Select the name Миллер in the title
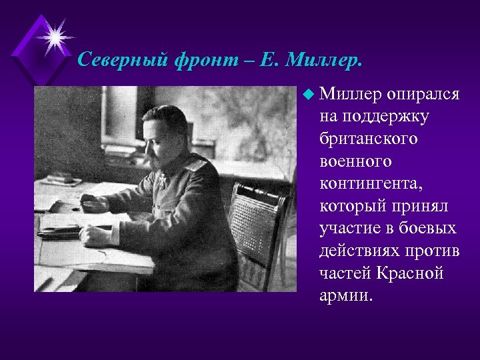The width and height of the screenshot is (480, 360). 323,61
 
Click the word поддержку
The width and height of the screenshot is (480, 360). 384,117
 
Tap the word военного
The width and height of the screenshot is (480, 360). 355,161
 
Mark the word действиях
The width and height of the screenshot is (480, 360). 358,251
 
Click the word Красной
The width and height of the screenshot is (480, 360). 413,273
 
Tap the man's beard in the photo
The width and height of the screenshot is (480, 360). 157,157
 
